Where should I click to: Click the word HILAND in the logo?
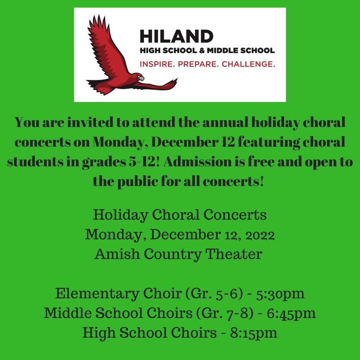tap(176, 36)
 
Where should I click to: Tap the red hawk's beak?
tap(141, 78)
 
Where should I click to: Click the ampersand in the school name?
tap(202, 51)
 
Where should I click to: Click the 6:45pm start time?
tap(291, 314)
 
